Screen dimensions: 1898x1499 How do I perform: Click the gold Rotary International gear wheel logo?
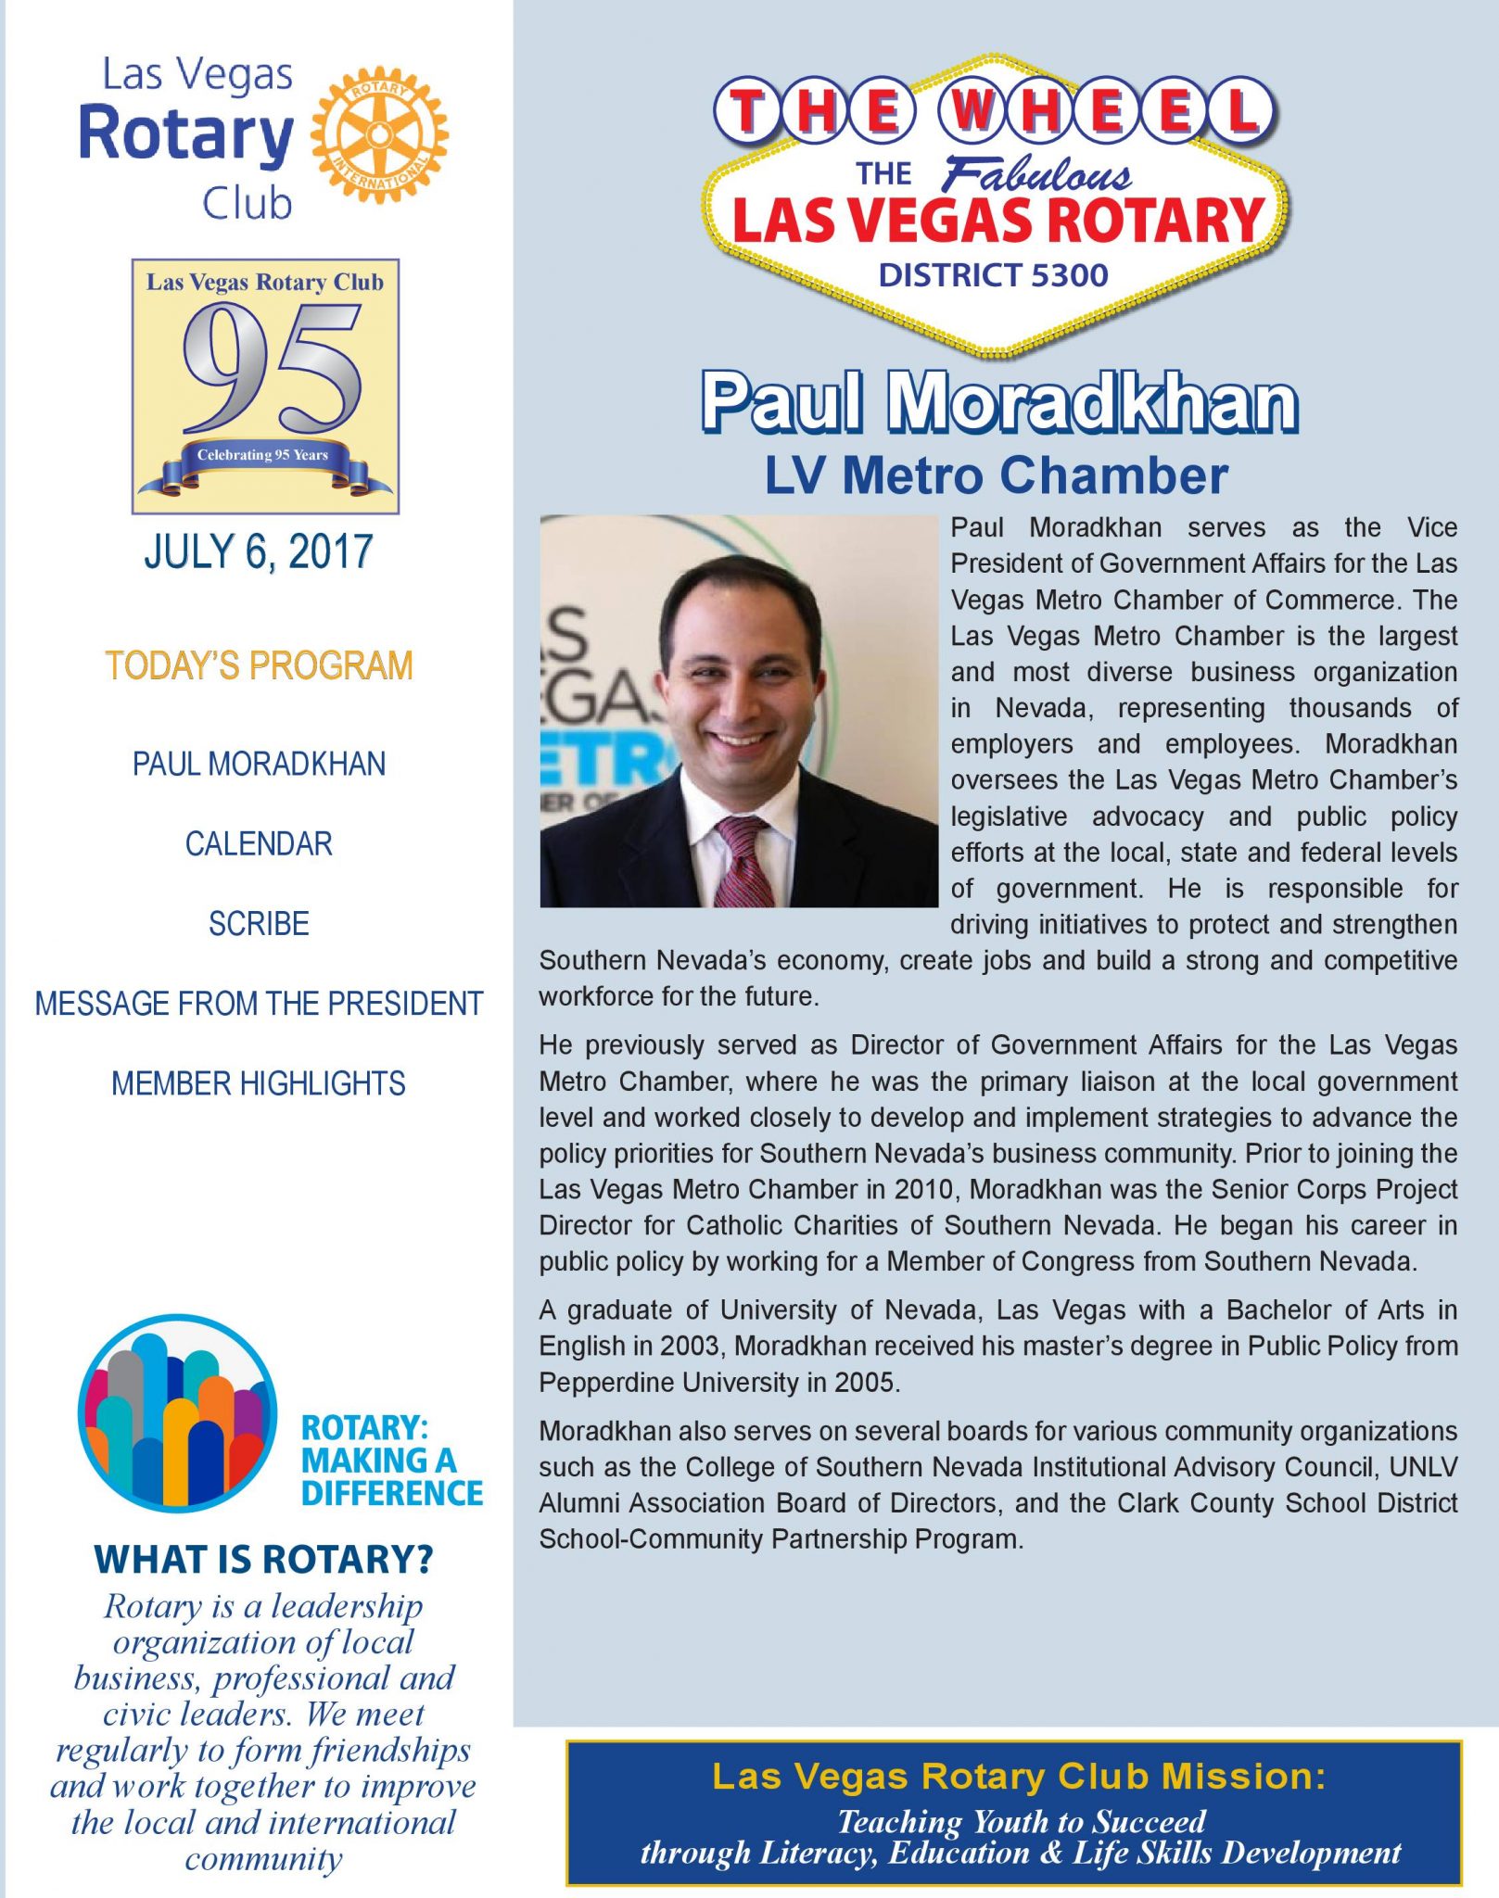(x=379, y=134)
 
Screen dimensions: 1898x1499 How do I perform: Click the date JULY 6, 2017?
(x=259, y=552)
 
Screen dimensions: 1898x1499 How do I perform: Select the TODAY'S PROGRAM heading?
(x=259, y=666)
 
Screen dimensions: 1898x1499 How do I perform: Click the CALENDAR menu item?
(x=259, y=844)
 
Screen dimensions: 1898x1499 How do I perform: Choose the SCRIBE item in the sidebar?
(x=259, y=924)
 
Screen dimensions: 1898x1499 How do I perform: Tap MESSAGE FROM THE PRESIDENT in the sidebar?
(x=259, y=1004)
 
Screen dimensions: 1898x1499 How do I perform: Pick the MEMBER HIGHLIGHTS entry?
(x=259, y=1083)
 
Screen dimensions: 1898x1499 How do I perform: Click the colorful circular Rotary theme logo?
(x=177, y=1412)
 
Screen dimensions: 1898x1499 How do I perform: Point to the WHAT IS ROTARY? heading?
(x=263, y=1560)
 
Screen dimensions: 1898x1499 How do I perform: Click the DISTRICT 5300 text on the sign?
(x=993, y=275)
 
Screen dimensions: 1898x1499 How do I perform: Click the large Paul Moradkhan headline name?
(x=998, y=403)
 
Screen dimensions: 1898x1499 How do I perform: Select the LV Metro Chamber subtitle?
(x=996, y=475)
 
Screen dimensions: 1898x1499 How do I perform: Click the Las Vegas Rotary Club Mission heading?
(x=1018, y=1777)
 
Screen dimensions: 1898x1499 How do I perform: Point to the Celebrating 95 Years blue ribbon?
(x=263, y=457)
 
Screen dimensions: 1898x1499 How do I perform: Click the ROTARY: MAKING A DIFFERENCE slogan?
(x=391, y=1461)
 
